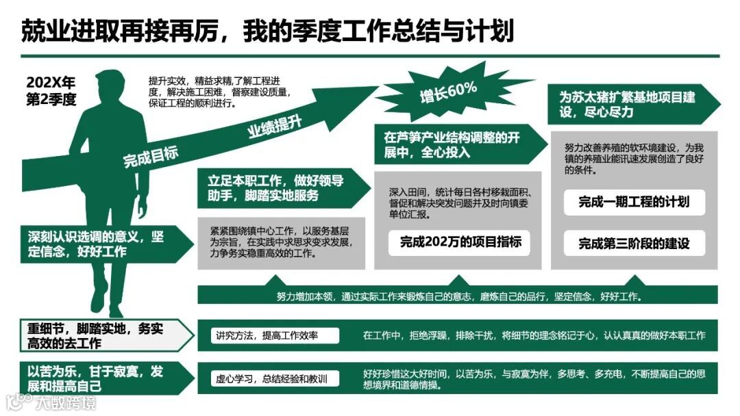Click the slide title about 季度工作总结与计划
[x=267, y=31]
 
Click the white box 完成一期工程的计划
[x=634, y=202]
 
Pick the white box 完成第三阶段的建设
[x=634, y=243]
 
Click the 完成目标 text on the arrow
[x=151, y=156]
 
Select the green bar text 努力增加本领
[x=458, y=297]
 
